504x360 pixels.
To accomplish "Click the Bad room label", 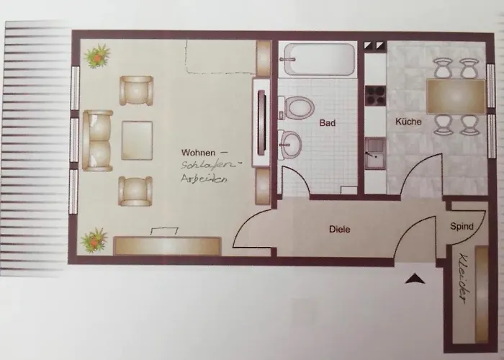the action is pyautogui.click(x=328, y=123).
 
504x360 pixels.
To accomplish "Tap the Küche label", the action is pyautogui.click(x=408, y=122).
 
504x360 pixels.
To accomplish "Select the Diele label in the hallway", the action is pyautogui.click(x=339, y=229).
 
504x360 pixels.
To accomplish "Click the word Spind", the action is pyautogui.click(x=462, y=226).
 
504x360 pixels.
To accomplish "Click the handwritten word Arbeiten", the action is pyautogui.click(x=204, y=179).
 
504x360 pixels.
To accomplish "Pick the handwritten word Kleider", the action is pyautogui.click(x=463, y=279).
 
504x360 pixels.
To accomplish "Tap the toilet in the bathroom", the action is pyautogui.click(x=297, y=107).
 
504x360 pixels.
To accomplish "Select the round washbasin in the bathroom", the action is pyautogui.click(x=290, y=145).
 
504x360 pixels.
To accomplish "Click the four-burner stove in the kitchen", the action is pyautogui.click(x=375, y=96).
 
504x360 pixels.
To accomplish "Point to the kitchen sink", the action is pyautogui.click(x=375, y=153).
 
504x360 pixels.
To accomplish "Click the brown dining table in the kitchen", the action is pyautogui.click(x=456, y=96).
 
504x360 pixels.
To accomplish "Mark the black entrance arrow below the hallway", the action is pyautogui.click(x=415, y=279).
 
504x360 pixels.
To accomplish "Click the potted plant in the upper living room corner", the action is pyautogui.click(x=97, y=57).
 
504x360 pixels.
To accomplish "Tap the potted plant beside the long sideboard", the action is pyautogui.click(x=94, y=240).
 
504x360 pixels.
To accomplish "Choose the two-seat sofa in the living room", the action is pyautogui.click(x=97, y=140).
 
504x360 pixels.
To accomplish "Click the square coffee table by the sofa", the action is pyautogui.click(x=137, y=140).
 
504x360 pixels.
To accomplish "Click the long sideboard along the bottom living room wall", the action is pyautogui.click(x=167, y=246).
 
